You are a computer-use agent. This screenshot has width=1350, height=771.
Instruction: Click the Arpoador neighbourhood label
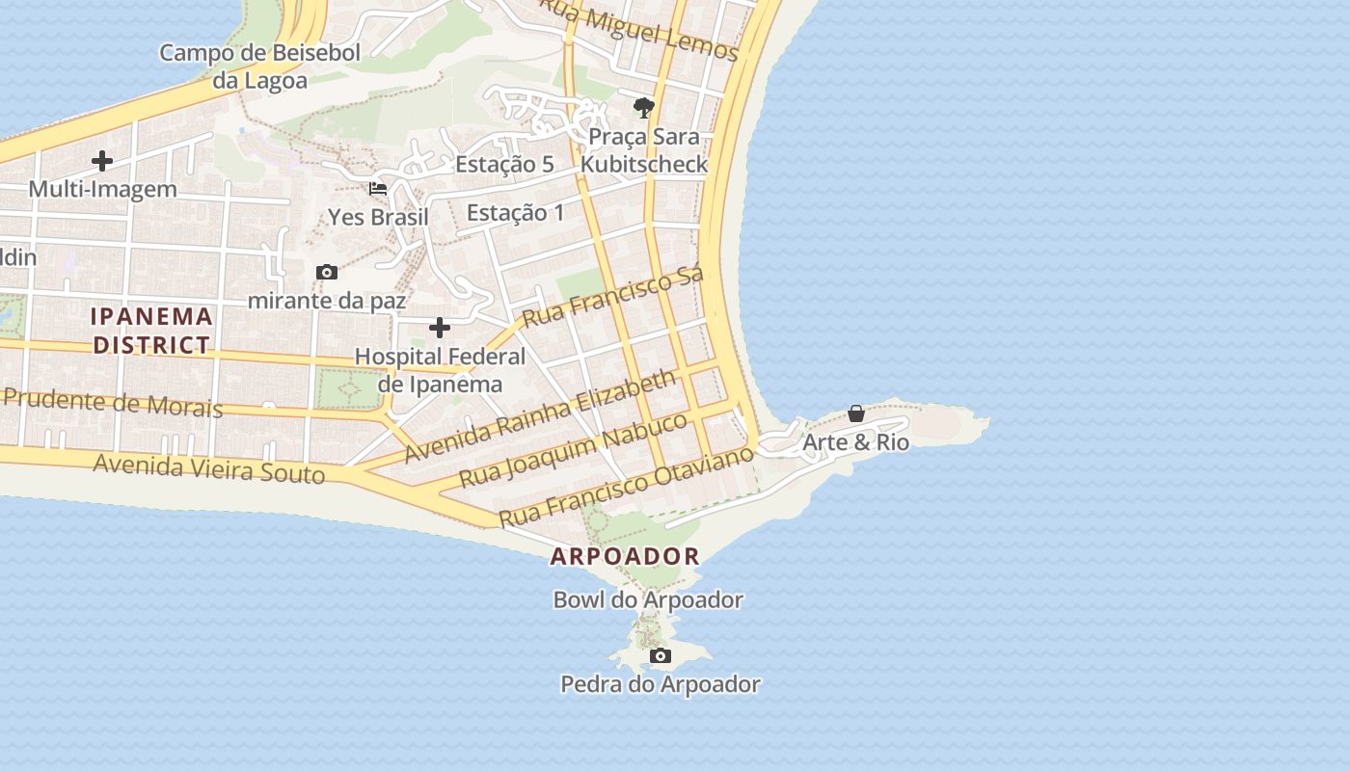(x=625, y=556)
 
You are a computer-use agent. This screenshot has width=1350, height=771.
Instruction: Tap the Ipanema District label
(x=151, y=330)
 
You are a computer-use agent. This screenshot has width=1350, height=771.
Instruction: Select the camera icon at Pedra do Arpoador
(x=661, y=656)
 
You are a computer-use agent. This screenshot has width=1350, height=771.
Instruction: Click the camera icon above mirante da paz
(x=327, y=273)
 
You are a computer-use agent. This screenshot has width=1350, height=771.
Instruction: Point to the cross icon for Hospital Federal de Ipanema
(x=440, y=328)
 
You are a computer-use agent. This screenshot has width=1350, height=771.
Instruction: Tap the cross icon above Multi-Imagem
(x=102, y=161)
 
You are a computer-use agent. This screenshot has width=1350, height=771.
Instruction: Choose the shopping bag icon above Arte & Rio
(x=855, y=413)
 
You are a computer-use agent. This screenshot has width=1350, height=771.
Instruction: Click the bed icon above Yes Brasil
(x=378, y=189)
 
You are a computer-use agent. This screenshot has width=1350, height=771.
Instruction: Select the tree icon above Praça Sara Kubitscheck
(x=643, y=107)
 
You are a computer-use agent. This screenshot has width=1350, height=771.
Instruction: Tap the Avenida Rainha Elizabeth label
(x=540, y=415)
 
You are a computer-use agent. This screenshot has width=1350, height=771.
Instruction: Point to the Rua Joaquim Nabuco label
(x=573, y=449)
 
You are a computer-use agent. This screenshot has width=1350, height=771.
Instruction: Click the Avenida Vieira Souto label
(x=209, y=468)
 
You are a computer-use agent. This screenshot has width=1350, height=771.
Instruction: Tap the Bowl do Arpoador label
(x=648, y=600)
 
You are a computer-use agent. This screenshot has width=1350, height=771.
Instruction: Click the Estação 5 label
(x=504, y=165)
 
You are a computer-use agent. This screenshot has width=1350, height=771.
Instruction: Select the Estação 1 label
(x=516, y=213)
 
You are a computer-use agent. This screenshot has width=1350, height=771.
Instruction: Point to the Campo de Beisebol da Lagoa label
(x=259, y=66)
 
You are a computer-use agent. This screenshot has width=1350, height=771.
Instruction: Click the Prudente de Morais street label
(x=113, y=402)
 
